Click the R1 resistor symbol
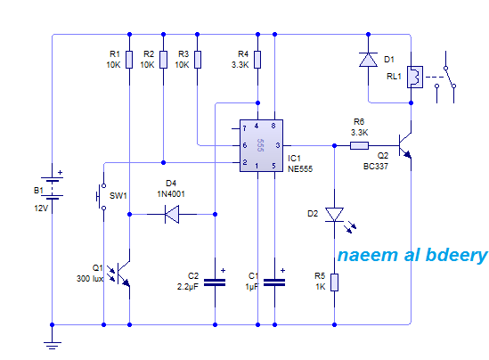(129, 60)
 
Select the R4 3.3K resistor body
(257, 60)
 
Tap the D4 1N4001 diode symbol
(172, 215)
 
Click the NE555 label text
(300, 168)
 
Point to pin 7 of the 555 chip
(244, 128)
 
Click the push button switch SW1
(101, 197)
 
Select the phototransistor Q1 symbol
(122, 274)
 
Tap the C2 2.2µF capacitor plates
(215, 282)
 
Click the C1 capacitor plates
(274, 282)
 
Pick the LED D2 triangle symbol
(335, 215)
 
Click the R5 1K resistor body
(334, 282)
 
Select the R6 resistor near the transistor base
(359, 145)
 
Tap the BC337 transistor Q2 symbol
(405, 145)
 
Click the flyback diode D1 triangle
(369, 60)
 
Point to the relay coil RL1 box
(415, 77)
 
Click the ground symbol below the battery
(52, 346)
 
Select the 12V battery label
(41, 209)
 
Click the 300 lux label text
(90, 279)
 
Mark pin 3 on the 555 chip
(278, 145)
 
